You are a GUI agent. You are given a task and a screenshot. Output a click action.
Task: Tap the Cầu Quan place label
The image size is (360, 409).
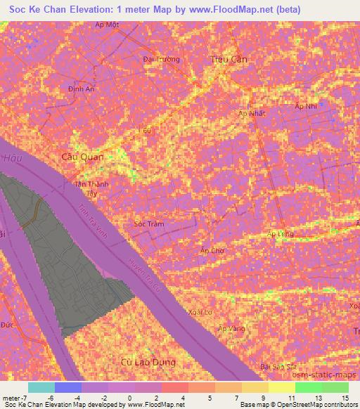coord(83,157)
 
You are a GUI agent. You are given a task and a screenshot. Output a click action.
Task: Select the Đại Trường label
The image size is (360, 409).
coord(161,60)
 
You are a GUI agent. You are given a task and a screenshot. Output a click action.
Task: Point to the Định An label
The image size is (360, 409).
coord(81,89)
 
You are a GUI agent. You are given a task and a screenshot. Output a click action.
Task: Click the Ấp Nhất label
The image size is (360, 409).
coord(251,113)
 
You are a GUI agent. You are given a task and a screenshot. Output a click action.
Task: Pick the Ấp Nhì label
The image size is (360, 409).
coord(307,106)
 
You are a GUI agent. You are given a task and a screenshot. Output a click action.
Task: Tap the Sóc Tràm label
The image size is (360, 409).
coord(148,223)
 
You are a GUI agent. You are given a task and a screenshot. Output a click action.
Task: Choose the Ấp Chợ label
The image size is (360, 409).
coord(212,249)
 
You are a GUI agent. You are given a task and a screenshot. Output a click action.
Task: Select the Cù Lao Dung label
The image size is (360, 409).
coord(148,362)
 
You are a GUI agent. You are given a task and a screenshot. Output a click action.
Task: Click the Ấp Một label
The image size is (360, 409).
coord(107,24)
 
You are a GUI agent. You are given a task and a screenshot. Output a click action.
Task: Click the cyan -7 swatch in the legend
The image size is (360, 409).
coord(41,387)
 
